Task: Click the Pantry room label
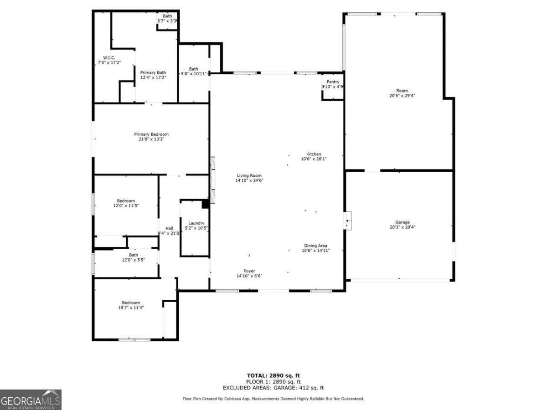(333, 82)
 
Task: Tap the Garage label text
(402, 222)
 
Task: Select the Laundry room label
(196, 223)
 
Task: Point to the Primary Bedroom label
(151, 134)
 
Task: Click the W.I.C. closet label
(109, 58)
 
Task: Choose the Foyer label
(249, 271)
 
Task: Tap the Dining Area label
(315, 246)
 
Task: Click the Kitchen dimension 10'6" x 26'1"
(314, 159)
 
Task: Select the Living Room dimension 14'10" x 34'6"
(249, 180)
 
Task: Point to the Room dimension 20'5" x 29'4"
(402, 95)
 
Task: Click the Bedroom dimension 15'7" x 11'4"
(131, 307)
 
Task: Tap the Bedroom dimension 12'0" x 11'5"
(126, 205)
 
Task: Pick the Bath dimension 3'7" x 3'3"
(167, 21)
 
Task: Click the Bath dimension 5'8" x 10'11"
(194, 74)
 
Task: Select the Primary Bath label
(153, 72)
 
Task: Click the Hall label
(169, 228)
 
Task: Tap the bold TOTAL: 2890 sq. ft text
(273, 375)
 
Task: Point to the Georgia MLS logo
(31, 400)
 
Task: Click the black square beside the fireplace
(205, 204)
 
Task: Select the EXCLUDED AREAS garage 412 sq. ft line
(273, 388)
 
